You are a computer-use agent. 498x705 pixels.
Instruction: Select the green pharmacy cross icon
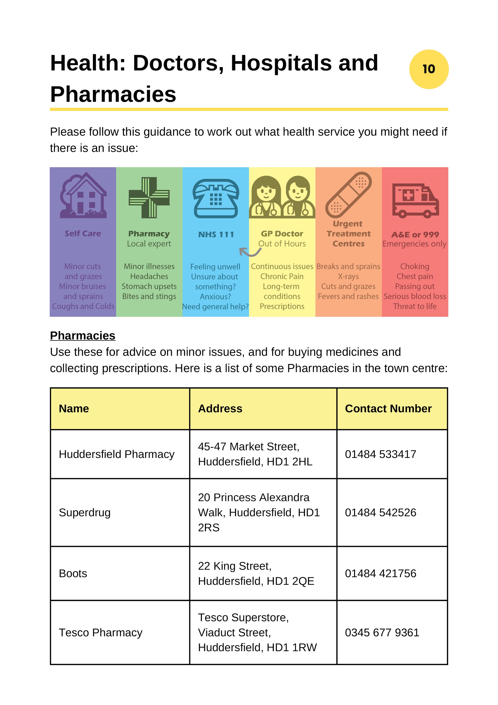[149, 197]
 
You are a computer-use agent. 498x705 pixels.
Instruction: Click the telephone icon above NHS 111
[216, 198]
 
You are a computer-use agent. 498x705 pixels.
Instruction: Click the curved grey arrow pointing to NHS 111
[250, 252]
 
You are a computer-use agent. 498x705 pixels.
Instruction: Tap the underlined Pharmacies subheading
[82, 335]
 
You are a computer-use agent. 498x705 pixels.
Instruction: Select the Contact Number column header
[388, 408]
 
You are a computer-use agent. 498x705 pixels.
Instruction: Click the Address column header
[220, 408]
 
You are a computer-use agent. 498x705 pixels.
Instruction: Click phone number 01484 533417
[381, 454]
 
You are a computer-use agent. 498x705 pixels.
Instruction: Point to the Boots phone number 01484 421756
[381, 573]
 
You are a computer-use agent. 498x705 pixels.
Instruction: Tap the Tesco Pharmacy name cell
[101, 632]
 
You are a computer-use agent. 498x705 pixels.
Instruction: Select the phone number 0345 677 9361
[382, 632]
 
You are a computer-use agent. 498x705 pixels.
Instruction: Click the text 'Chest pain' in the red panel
[414, 276]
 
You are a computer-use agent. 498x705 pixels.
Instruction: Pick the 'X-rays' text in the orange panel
[348, 276]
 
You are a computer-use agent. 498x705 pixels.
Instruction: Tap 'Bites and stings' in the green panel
[149, 296]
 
